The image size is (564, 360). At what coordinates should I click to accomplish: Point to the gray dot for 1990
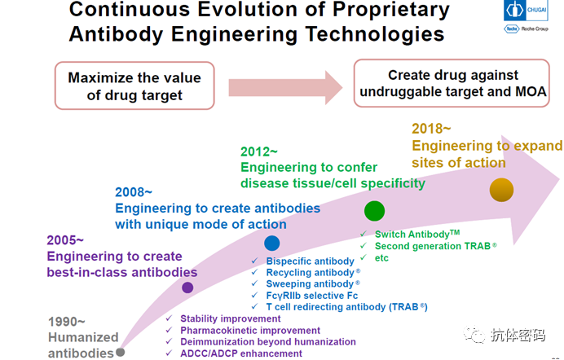[x=121, y=352]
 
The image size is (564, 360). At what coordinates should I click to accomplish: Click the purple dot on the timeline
[x=187, y=288]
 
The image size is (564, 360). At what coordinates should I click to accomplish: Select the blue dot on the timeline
[x=272, y=243]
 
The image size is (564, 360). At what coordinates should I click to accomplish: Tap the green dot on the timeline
[x=374, y=211]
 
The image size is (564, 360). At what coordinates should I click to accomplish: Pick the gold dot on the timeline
[x=501, y=191]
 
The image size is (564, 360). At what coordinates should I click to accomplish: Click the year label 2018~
[x=431, y=129]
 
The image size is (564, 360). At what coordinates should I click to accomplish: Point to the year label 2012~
[x=259, y=151]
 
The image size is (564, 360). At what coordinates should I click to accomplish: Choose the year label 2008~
[x=134, y=192]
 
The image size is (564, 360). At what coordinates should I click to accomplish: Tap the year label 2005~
[x=65, y=240]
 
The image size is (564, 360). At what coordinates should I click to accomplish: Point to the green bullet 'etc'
[x=382, y=258]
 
